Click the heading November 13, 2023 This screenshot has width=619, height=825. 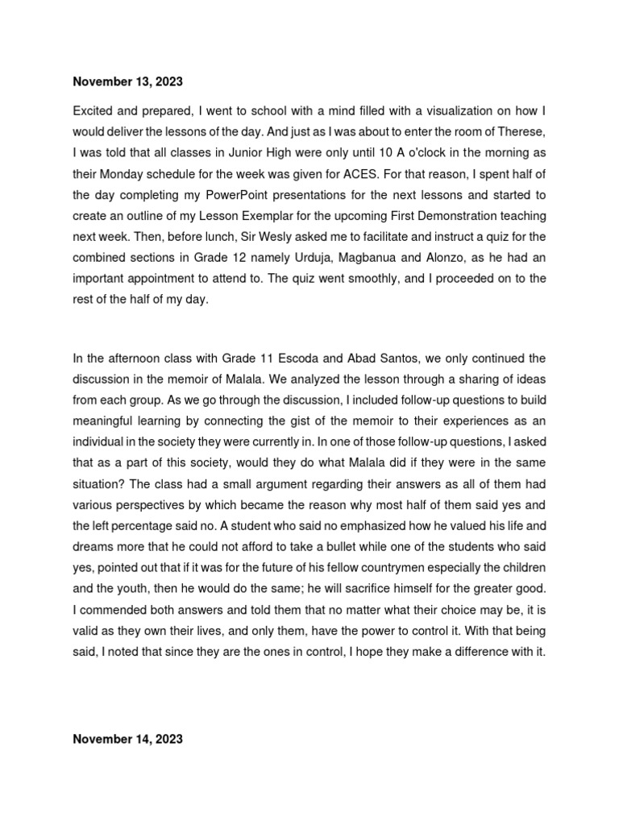pos(127,81)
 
